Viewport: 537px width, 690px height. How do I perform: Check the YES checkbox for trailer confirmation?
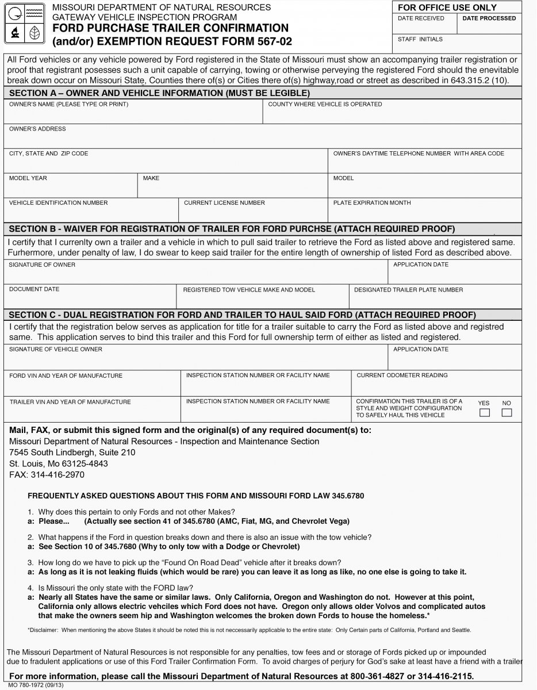click(x=485, y=413)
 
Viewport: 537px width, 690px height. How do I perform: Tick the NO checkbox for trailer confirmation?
click(x=507, y=413)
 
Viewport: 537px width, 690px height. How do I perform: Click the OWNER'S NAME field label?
click(x=68, y=105)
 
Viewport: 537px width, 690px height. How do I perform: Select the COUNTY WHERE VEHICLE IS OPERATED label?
click(x=325, y=105)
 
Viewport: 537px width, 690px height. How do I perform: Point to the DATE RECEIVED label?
click(x=421, y=18)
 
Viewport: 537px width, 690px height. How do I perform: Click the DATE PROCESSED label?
click(x=489, y=18)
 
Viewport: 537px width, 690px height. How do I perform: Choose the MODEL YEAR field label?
click(x=28, y=178)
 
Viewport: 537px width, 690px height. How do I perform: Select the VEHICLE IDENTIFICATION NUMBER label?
click(x=58, y=203)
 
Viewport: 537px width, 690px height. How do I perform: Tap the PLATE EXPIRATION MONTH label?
click(x=372, y=203)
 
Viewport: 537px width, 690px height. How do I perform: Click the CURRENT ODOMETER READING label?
click(x=402, y=375)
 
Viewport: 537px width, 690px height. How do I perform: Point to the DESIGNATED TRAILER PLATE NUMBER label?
click(x=408, y=290)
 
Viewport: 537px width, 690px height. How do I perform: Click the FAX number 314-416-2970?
click(x=57, y=475)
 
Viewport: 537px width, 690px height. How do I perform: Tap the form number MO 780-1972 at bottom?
click(x=28, y=686)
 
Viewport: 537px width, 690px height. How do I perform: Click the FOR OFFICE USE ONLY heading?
click(x=447, y=7)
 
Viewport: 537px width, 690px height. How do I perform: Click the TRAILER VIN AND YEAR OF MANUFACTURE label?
click(x=70, y=402)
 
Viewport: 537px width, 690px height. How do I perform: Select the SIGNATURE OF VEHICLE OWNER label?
click(x=56, y=349)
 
